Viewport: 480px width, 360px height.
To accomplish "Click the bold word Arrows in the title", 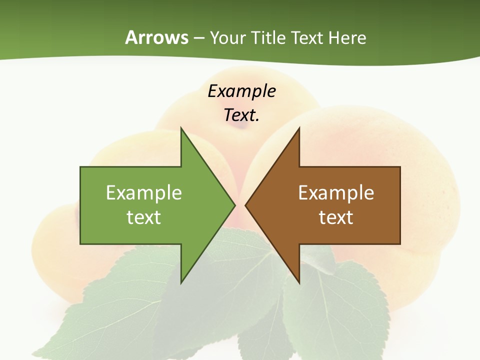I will click(156, 37).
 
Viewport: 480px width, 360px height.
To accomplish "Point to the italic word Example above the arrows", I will click(241, 91).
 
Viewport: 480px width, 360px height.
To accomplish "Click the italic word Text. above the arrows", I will click(241, 115).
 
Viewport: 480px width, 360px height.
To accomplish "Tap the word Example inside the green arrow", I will click(144, 193).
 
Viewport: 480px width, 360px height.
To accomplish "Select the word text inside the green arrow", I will click(144, 217).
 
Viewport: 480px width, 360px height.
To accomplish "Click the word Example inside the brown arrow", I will click(336, 193).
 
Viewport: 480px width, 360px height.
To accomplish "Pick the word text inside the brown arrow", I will click(336, 217).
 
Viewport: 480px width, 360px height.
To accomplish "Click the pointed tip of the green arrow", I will click(234, 205).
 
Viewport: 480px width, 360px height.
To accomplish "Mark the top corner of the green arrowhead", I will click(181, 128).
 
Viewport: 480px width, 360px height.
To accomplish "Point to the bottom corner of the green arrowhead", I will click(181, 282).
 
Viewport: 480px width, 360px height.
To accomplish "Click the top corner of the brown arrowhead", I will click(299, 128).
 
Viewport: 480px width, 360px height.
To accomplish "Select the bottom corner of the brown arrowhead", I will click(299, 282).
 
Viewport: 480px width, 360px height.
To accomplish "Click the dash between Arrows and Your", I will click(198, 38).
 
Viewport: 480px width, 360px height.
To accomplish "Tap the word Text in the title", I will click(307, 37).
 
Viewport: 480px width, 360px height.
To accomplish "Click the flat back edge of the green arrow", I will click(80, 205).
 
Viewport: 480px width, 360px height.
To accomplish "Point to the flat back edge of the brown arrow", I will click(400, 205).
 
